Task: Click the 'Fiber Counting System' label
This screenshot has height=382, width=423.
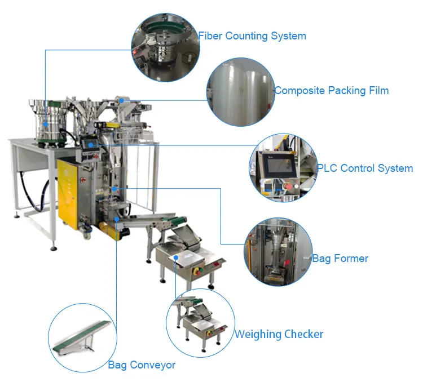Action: [x=252, y=36]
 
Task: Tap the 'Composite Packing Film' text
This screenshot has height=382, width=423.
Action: [x=332, y=91]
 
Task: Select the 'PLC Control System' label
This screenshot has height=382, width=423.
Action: [x=365, y=168]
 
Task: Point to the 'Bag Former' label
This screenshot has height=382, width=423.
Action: [x=340, y=259]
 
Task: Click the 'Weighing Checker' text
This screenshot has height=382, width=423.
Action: [x=279, y=334]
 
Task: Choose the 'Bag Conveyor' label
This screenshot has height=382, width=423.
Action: [x=142, y=365]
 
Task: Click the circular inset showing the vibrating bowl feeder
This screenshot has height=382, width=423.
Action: [x=165, y=47]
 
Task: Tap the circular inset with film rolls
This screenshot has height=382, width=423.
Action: [x=241, y=92]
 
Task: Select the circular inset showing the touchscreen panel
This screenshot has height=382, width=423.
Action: [x=283, y=168]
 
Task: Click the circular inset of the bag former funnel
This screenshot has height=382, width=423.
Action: [x=279, y=252]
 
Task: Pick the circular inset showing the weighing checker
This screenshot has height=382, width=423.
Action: [x=200, y=323]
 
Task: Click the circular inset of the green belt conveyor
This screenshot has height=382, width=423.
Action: [x=82, y=338]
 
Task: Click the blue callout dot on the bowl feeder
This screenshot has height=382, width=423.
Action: [x=46, y=125]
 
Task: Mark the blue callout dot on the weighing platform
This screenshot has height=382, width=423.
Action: [x=176, y=257]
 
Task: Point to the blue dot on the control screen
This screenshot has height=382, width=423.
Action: [x=91, y=145]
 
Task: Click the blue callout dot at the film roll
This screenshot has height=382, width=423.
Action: [x=122, y=100]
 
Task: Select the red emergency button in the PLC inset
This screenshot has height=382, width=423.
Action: [x=289, y=186]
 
